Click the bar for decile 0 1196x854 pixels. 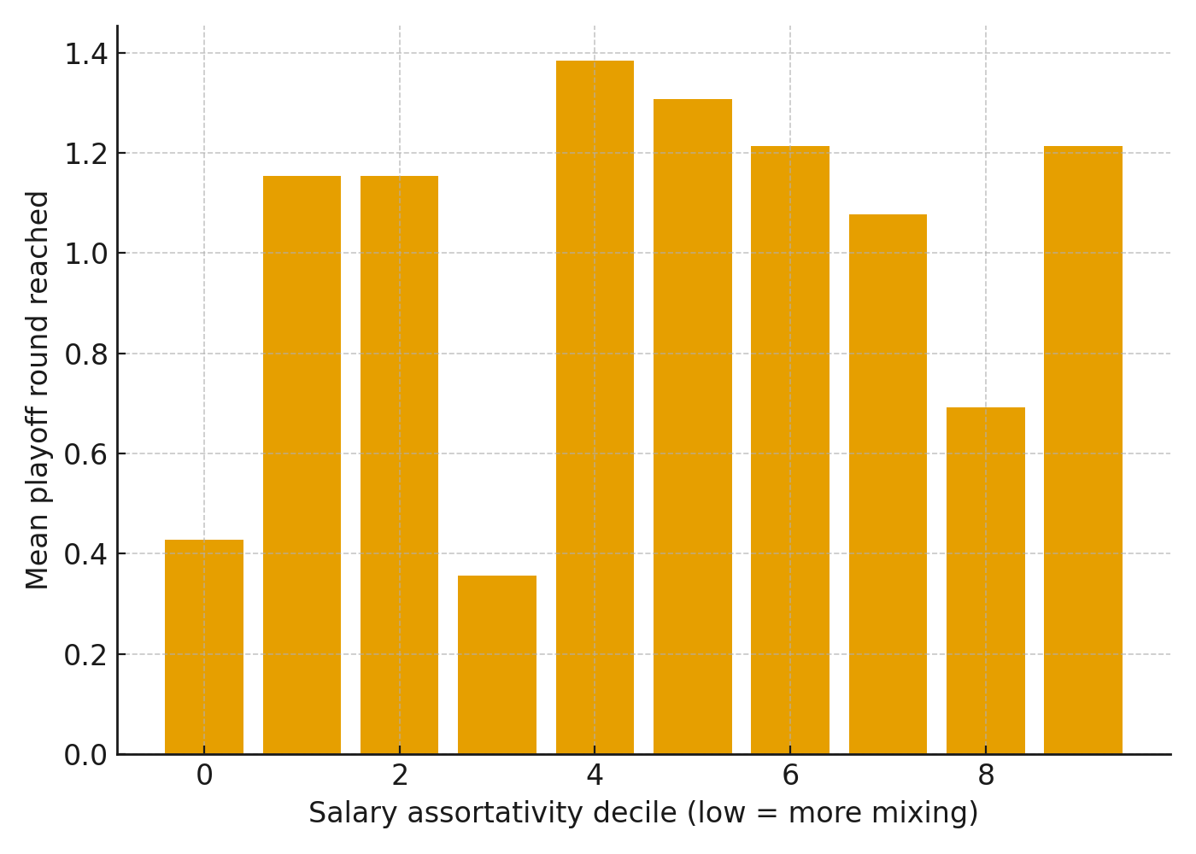pos(204,646)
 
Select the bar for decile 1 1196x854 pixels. pos(302,465)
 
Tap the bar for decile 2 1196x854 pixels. pos(400,465)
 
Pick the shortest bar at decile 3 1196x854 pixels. pos(497,664)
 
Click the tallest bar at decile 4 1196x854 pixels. pos(595,407)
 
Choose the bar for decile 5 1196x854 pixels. pos(693,427)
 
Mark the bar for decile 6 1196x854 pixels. pos(790,450)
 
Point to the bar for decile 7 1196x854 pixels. pos(888,484)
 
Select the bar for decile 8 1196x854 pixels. pos(986,581)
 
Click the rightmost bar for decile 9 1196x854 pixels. pos(1083,450)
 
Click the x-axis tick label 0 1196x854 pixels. pos(204,775)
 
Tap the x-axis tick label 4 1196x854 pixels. pos(595,775)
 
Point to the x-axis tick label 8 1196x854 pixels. pos(986,775)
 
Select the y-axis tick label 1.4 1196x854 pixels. pos(86,54)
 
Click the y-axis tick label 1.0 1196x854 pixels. pos(86,254)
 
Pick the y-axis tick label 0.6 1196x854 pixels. pos(86,454)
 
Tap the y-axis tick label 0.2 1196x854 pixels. pos(86,655)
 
